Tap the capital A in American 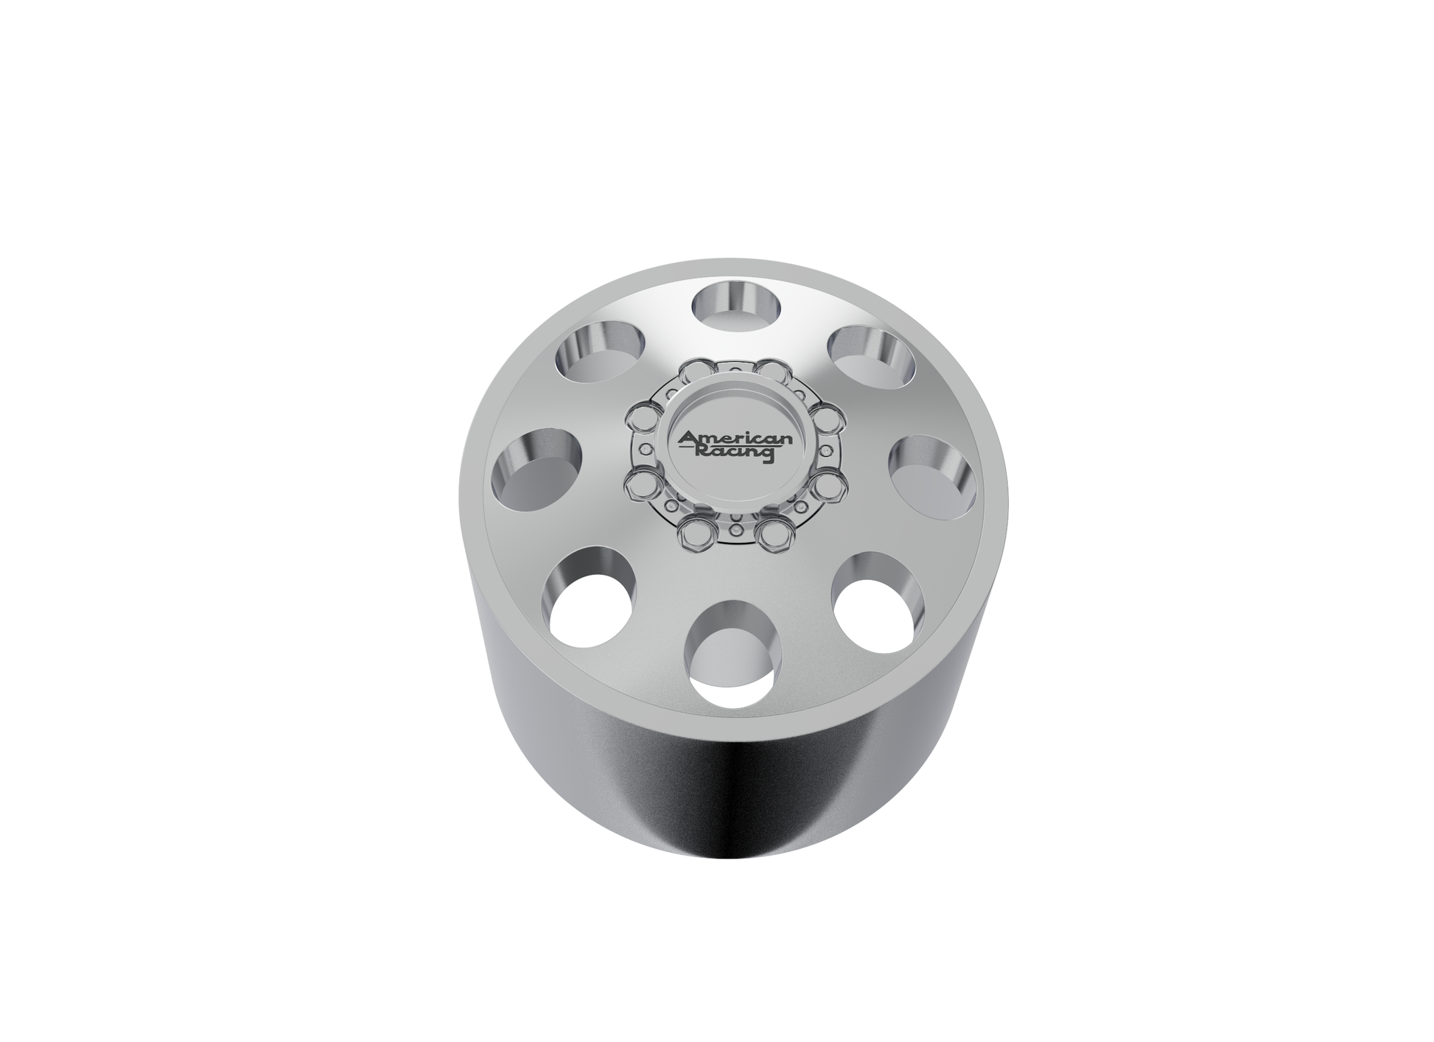(x=687, y=438)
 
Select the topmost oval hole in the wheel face (x=737, y=304)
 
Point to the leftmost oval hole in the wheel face (x=537, y=469)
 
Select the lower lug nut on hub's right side (x=828, y=486)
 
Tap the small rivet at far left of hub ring (x=646, y=449)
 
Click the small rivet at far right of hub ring (x=826, y=450)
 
